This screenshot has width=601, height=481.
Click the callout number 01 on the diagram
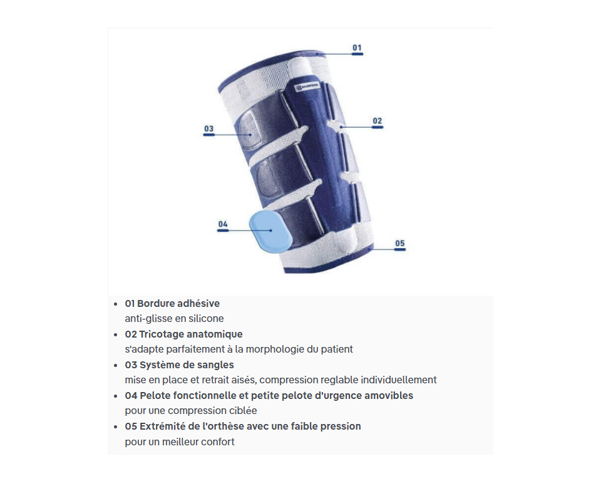click(357, 48)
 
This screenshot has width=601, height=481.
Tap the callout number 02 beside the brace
click(377, 121)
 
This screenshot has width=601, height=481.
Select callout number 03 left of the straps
click(208, 128)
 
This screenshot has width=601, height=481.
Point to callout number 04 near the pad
click(223, 224)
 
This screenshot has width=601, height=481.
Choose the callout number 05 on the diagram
click(400, 243)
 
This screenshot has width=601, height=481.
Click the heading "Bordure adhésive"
click(178, 303)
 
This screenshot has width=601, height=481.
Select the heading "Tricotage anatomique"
click(191, 334)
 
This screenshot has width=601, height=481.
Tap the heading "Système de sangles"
click(187, 365)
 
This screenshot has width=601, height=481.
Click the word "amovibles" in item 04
click(389, 395)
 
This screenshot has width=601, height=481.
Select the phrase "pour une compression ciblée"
click(191, 410)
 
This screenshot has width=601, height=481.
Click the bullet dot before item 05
click(116, 427)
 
